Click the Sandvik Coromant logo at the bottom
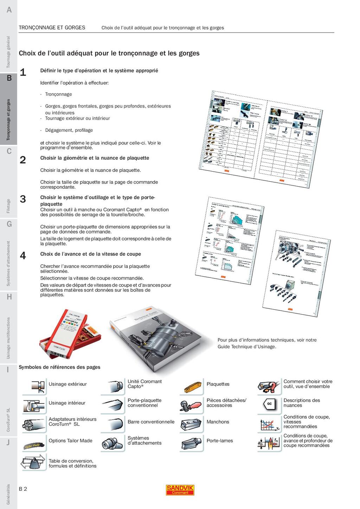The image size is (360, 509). (180, 490)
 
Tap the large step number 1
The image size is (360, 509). (23, 72)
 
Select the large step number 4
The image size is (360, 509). (23, 256)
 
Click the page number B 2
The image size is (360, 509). (23, 489)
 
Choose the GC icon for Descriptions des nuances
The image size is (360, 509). (269, 404)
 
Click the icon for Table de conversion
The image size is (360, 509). (34, 463)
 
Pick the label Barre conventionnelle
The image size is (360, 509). (151, 422)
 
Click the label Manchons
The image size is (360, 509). (218, 422)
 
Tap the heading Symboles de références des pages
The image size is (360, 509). (59, 367)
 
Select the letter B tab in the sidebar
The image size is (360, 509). (9, 78)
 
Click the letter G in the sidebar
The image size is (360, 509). (9, 224)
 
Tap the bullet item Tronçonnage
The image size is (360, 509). (58, 94)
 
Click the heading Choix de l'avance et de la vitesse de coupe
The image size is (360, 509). (90, 254)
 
